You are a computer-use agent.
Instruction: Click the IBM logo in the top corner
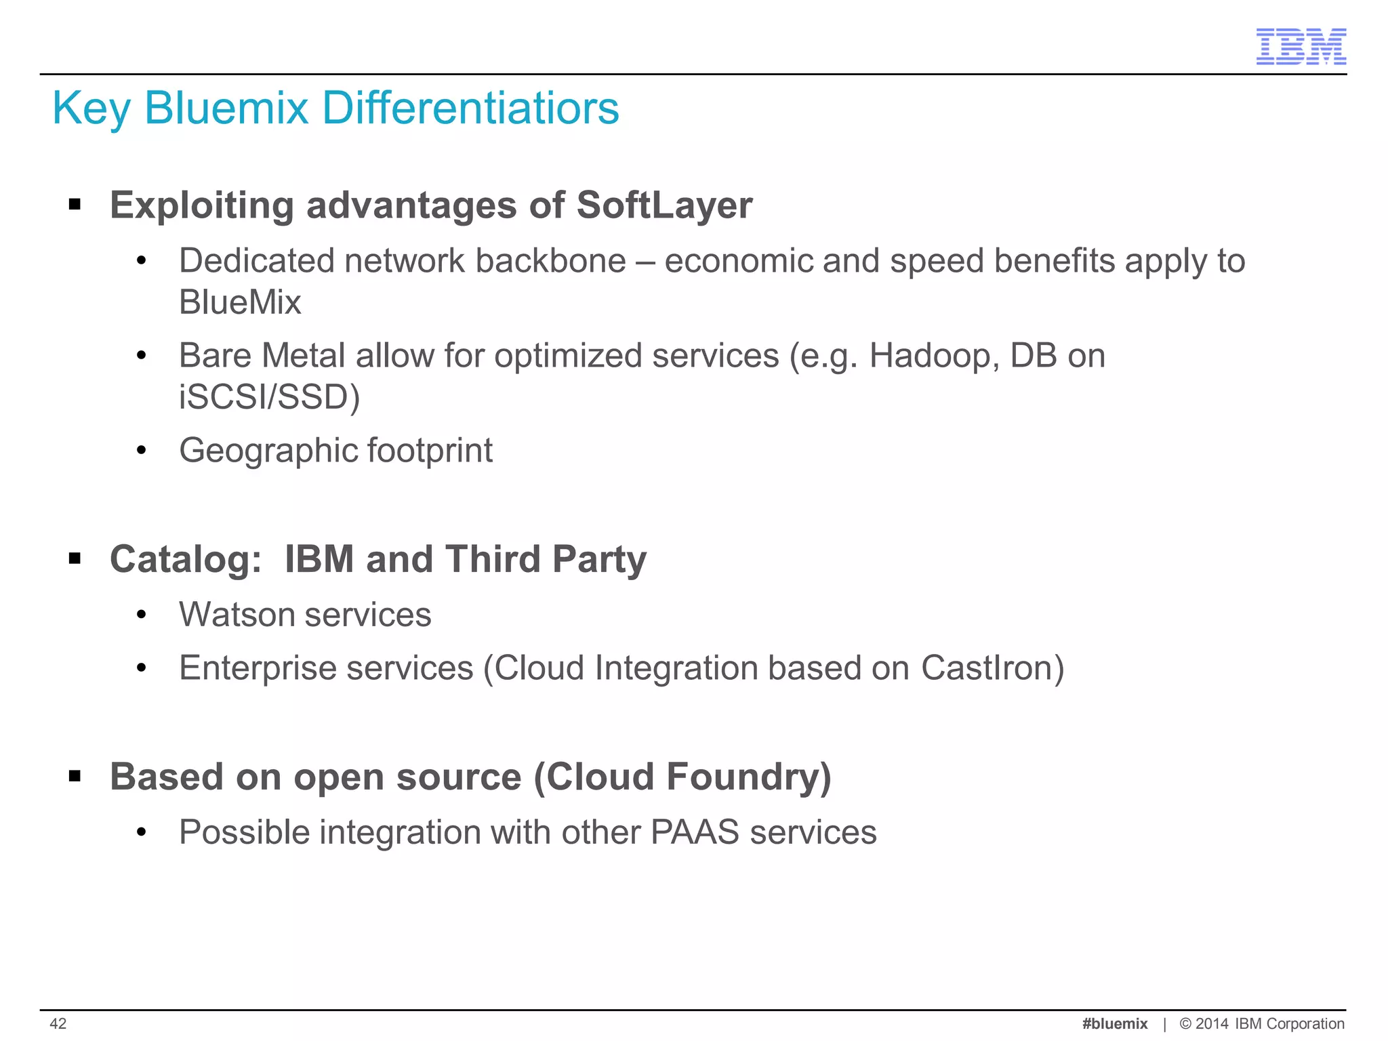(1301, 47)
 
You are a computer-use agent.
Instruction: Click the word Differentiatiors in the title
(470, 108)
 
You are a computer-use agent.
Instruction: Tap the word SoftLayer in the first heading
(664, 205)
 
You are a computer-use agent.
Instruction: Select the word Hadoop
(933, 356)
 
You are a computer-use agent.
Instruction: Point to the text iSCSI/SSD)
(269, 397)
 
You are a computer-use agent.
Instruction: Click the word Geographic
(268, 451)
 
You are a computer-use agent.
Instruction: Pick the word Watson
(237, 615)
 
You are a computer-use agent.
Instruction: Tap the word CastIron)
(992, 668)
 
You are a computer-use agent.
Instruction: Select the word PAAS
(695, 832)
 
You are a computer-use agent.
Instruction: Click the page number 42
(58, 1023)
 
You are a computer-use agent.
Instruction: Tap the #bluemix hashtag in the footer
(1115, 1023)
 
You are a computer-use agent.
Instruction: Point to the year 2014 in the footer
(1212, 1023)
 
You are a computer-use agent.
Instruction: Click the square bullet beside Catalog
(75, 559)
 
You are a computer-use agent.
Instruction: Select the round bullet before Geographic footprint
(141, 451)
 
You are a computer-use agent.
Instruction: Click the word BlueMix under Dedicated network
(240, 302)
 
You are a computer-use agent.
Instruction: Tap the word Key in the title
(91, 108)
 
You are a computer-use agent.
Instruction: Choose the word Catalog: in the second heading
(186, 560)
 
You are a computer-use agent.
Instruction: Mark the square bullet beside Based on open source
(75, 776)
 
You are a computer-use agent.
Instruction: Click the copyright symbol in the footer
(1185, 1023)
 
